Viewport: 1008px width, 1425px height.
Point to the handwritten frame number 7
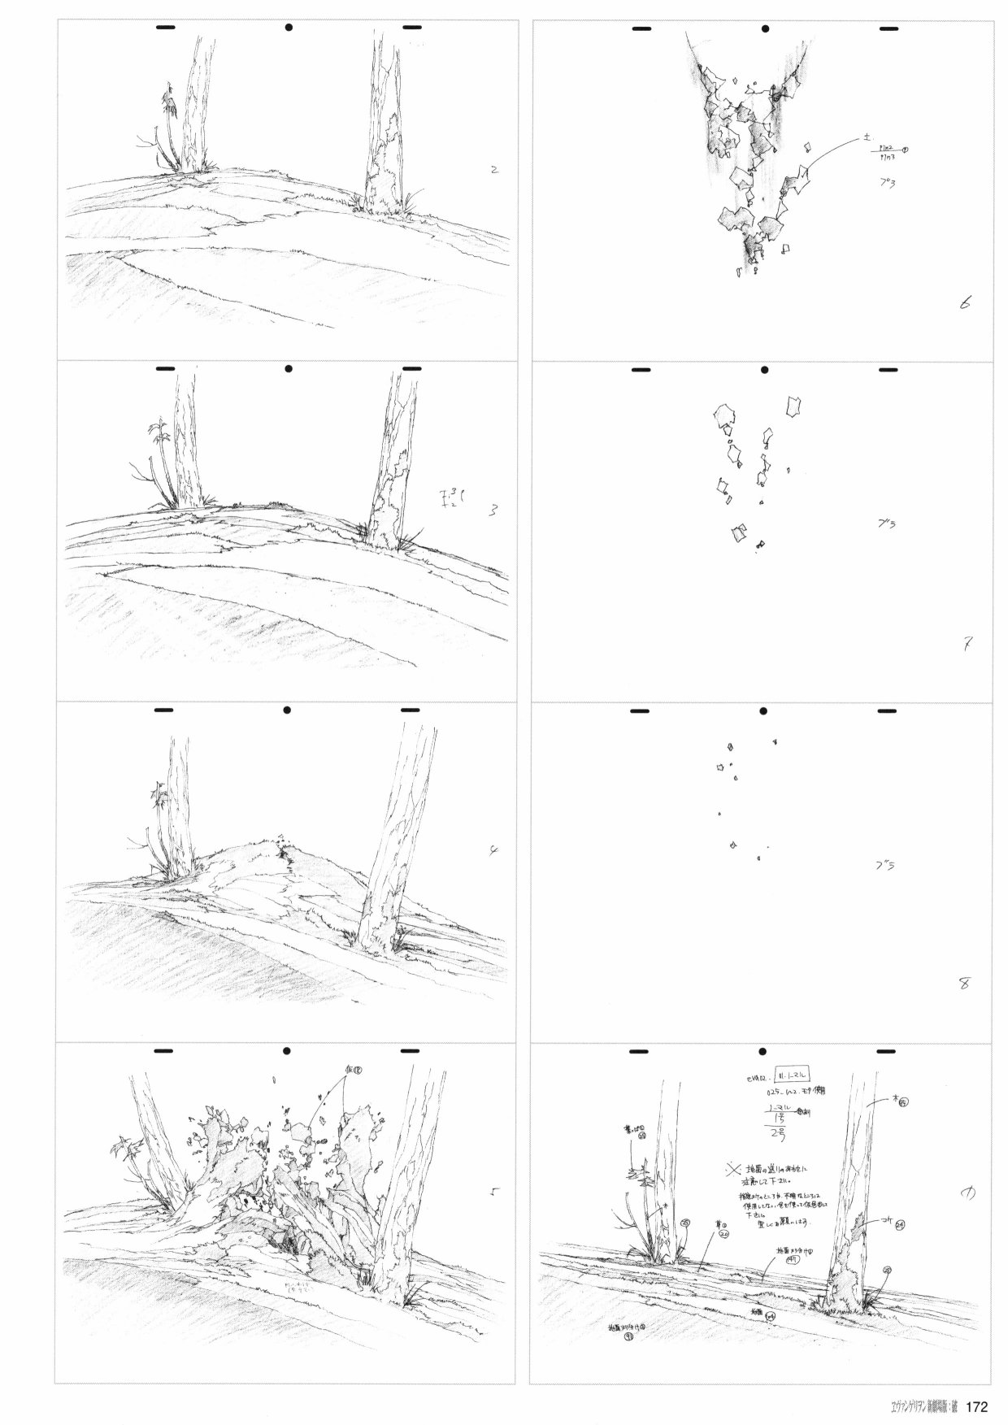pyautogui.click(x=968, y=645)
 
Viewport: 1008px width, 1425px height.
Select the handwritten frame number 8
pyautogui.click(x=964, y=984)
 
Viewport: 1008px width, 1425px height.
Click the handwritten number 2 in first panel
pyautogui.click(x=494, y=171)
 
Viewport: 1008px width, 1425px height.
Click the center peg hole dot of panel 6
pyautogui.click(x=765, y=29)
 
